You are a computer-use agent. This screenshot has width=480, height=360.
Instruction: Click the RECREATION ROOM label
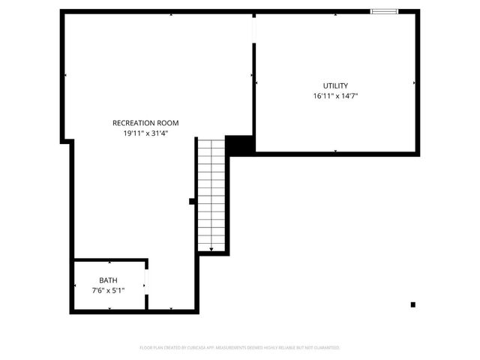coord(145,122)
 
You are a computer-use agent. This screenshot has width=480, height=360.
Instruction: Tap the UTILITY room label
coord(335,85)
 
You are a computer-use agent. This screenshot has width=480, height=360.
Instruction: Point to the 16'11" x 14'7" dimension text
coord(335,96)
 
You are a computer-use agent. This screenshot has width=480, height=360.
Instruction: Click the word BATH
coord(108,280)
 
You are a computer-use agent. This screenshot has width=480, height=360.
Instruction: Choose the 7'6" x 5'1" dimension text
coord(108,290)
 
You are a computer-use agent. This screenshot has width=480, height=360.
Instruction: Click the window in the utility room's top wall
coord(384,11)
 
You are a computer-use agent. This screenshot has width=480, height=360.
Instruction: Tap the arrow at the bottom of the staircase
coord(211,248)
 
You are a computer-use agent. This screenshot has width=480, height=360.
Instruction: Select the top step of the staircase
coord(211,141)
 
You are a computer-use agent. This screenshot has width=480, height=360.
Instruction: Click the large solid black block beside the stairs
coord(239,145)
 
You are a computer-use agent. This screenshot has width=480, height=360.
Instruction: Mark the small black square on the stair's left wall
coord(192,201)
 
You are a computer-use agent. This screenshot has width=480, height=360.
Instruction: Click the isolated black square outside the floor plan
coord(412,304)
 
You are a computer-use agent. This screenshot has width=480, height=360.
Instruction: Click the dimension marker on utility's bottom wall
coord(335,151)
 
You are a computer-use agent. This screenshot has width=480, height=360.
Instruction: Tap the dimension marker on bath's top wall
coord(110,262)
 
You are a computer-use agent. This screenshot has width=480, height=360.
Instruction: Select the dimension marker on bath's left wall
coord(76,286)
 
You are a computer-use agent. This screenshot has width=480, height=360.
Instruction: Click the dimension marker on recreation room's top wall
coord(171,13)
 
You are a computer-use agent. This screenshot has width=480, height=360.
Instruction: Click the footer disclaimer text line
coord(240,347)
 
